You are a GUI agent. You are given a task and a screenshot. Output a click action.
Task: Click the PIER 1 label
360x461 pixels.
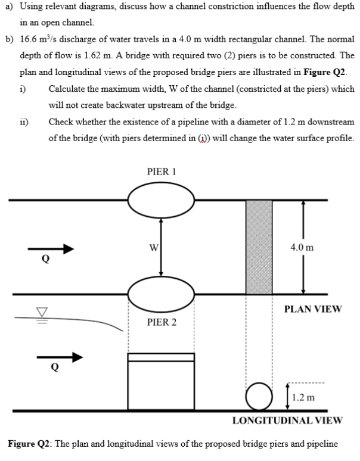click(x=160, y=172)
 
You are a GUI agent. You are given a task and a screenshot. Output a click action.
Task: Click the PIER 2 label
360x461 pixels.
click(x=160, y=322)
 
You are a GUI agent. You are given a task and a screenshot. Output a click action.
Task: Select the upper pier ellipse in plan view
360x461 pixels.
click(x=160, y=200)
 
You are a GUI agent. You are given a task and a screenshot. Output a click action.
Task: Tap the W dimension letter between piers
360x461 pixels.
click(x=153, y=247)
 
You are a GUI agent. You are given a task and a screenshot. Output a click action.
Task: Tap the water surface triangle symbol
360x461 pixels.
click(x=26, y=310)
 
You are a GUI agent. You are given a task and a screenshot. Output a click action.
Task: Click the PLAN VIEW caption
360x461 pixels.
click(x=313, y=309)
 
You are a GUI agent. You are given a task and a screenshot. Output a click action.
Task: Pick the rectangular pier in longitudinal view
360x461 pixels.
click(x=161, y=381)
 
